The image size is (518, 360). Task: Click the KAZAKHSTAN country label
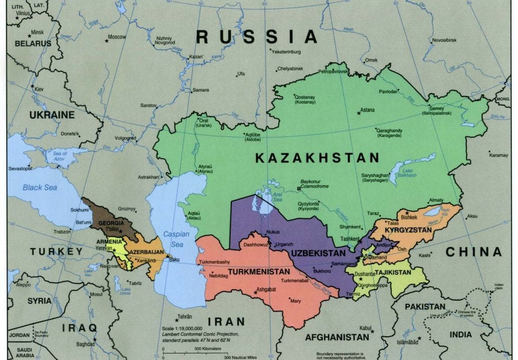pyautogui.click(x=317, y=158)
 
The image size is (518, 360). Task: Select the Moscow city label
pyautogui.click(x=117, y=37)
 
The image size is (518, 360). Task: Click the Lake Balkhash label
pyautogui.click(x=406, y=172)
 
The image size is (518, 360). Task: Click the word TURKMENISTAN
pyautogui.click(x=258, y=272)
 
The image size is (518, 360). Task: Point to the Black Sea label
pyautogui.click(x=39, y=188)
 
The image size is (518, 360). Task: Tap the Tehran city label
pyautogui.click(x=185, y=317)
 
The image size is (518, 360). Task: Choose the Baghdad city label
pyautogui.click(x=85, y=344)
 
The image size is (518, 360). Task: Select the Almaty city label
pyautogui.click(x=436, y=200)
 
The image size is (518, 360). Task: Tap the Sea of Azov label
pyautogui.click(x=60, y=155)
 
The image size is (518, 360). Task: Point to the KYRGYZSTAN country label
pyautogui.click(x=408, y=230)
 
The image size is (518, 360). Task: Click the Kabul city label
pyautogui.click(x=366, y=328)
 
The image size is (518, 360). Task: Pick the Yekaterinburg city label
pyautogui.click(x=286, y=52)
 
